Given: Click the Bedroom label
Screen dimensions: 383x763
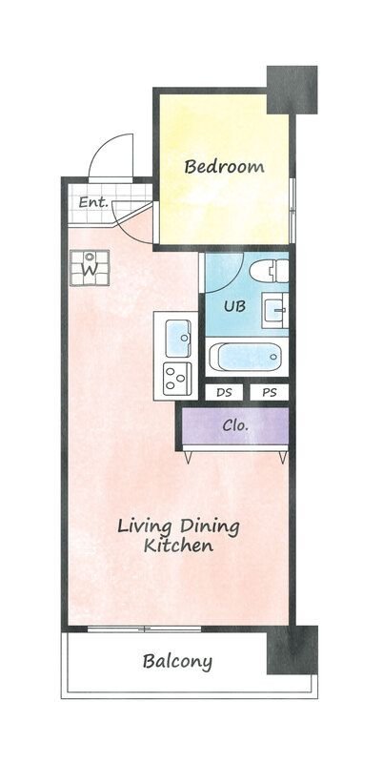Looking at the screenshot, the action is (x=224, y=167).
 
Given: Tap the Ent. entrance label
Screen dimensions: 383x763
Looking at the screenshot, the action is (x=92, y=202).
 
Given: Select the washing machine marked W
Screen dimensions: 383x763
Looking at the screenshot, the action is (x=90, y=268).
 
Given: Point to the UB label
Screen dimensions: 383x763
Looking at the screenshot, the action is (x=234, y=306).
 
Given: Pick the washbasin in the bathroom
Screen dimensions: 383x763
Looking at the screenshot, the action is (x=275, y=310).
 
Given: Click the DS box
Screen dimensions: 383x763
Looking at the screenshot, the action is (x=224, y=393).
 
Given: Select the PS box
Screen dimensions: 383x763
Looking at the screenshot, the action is (x=270, y=393).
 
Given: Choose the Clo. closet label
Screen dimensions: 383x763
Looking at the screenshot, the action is (x=235, y=425).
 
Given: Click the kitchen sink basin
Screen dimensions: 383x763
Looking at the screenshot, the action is (x=177, y=338).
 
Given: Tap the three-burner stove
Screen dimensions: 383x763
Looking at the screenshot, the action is (x=177, y=379).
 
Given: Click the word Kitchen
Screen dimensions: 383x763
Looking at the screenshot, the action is (x=178, y=546).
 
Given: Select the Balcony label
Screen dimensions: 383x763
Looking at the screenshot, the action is (x=177, y=662).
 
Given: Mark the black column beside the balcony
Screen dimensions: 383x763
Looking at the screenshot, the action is (x=292, y=650).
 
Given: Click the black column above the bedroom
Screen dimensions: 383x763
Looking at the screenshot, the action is (x=292, y=90).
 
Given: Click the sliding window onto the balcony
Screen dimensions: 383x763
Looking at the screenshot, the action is (x=145, y=629).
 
